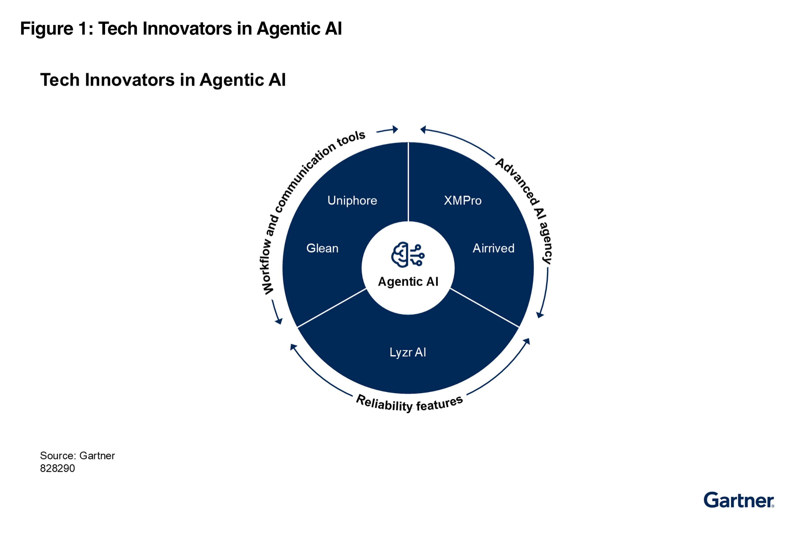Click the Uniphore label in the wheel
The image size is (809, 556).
tap(352, 200)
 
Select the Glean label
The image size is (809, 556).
tap(322, 248)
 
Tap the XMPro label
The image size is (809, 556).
tap(462, 200)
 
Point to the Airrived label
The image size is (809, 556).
tap(493, 248)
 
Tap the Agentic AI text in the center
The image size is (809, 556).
tap(408, 281)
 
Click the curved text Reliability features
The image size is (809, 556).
tap(409, 404)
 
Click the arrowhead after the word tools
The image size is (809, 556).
tap(395, 130)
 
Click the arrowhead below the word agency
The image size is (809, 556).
tap(540, 315)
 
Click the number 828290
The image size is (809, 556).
tap(58, 468)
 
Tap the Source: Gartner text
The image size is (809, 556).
tap(77, 456)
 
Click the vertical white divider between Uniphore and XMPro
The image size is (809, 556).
tap(408, 181)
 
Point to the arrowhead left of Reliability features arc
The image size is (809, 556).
tap(293, 347)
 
